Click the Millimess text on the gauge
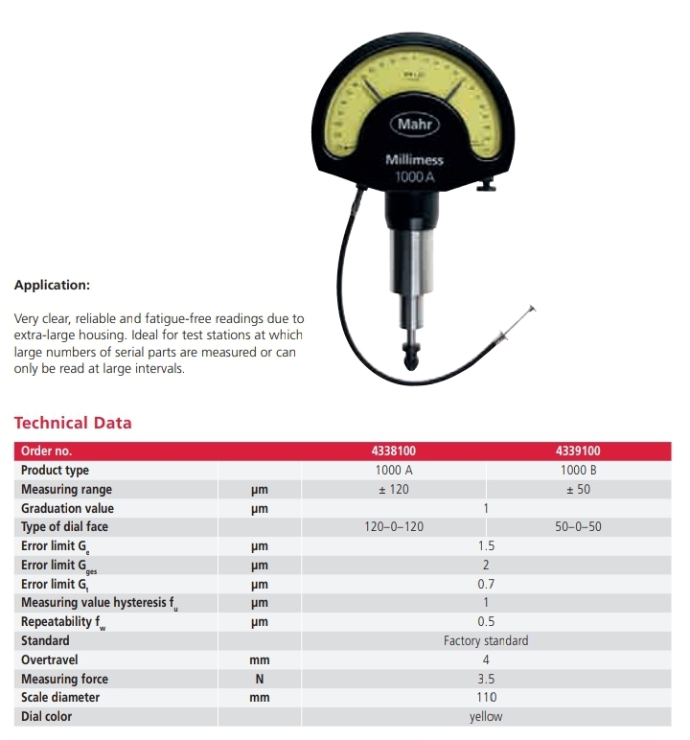(413, 159)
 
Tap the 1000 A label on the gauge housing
(414, 176)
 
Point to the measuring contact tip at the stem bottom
(412, 363)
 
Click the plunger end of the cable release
(531, 310)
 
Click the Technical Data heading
(73, 423)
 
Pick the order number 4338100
(394, 451)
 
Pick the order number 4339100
(578, 451)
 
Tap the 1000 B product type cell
(578, 471)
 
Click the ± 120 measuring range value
(394, 490)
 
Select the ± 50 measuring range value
(578, 490)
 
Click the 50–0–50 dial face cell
(578, 527)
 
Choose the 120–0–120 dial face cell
(394, 527)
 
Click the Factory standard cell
(486, 640)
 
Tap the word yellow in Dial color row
(486, 716)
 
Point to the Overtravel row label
(49, 659)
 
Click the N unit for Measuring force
(259, 679)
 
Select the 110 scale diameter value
(486, 697)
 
